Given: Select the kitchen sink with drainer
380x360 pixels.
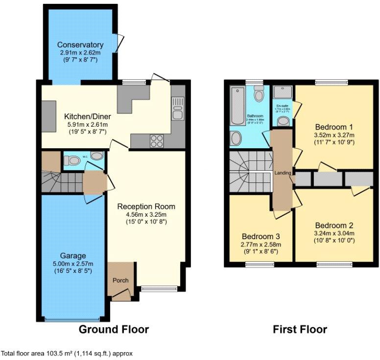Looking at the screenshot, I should (x=177, y=108).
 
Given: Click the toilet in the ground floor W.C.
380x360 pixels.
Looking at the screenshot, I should (x=74, y=160).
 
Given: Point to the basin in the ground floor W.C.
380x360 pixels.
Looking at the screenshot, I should (x=97, y=157).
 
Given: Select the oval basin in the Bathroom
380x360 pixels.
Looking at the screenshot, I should (x=236, y=138).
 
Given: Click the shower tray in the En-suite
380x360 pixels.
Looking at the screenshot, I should (x=282, y=92).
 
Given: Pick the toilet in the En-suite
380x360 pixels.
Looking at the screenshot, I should (x=283, y=120).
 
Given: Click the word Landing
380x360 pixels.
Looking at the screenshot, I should (x=283, y=173).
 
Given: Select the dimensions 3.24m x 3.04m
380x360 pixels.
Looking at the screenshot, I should (x=334, y=233).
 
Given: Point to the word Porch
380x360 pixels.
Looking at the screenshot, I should (x=120, y=280).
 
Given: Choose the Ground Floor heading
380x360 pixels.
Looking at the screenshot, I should (x=114, y=329).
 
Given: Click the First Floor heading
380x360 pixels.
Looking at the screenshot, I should (x=300, y=329).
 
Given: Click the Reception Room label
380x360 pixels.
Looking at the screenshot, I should (x=146, y=206).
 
